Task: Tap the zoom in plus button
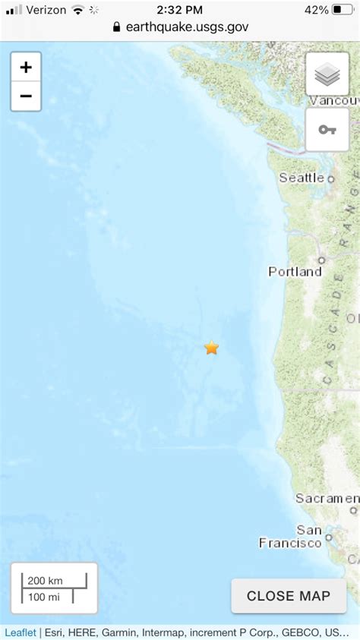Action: click(x=26, y=68)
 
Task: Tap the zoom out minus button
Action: click(x=26, y=96)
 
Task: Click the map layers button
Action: click(x=327, y=74)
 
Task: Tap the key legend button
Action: click(x=327, y=129)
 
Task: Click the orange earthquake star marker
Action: click(x=211, y=348)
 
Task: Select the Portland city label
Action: click(x=295, y=271)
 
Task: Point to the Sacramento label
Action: click(x=327, y=499)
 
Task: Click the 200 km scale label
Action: click(x=46, y=581)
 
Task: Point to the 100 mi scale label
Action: click(x=45, y=596)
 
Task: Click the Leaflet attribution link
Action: click(x=20, y=632)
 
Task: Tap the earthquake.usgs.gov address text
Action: click(x=187, y=27)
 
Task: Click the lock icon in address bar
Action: click(x=116, y=27)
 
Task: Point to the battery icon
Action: click(x=343, y=10)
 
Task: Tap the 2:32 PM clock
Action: click(x=180, y=10)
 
